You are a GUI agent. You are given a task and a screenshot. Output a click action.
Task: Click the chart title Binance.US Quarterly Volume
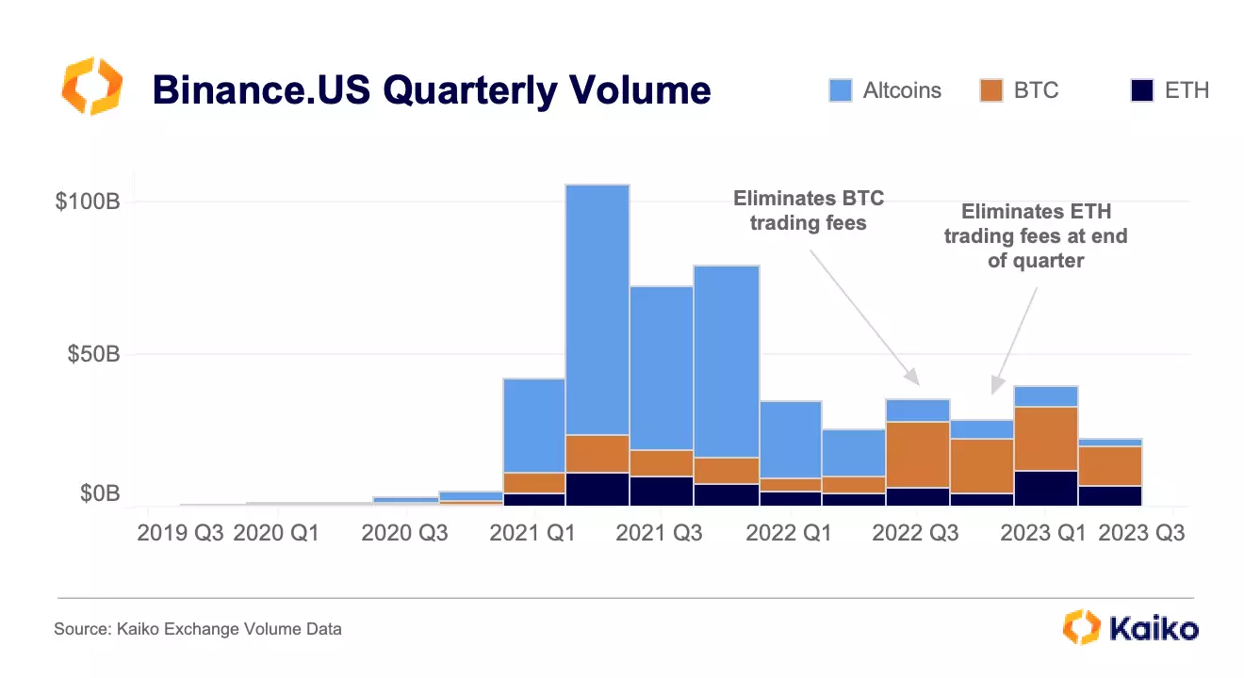click(431, 90)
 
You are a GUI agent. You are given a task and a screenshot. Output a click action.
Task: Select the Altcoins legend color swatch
click(841, 90)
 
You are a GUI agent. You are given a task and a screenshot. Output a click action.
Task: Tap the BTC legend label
click(1037, 90)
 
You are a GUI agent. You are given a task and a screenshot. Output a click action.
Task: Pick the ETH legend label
click(1187, 90)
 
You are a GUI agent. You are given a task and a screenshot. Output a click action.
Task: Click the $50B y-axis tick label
click(91, 355)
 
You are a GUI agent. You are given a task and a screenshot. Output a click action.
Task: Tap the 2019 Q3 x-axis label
click(180, 533)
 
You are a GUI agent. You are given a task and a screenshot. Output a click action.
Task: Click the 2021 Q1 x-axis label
click(532, 533)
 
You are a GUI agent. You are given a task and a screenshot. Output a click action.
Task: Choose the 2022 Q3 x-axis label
click(915, 533)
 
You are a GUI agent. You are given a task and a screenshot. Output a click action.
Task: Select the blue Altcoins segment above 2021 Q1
click(533, 425)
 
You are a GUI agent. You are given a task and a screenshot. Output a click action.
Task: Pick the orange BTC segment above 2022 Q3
click(917, 454)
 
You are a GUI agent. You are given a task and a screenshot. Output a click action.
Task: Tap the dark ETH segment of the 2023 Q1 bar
click(1045, 488)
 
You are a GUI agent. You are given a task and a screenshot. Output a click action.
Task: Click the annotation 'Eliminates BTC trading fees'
click(809, 211)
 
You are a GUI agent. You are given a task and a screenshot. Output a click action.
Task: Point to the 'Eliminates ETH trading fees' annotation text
click(1036, 236)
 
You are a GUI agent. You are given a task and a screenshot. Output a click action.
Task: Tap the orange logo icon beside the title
click(91, 86)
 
